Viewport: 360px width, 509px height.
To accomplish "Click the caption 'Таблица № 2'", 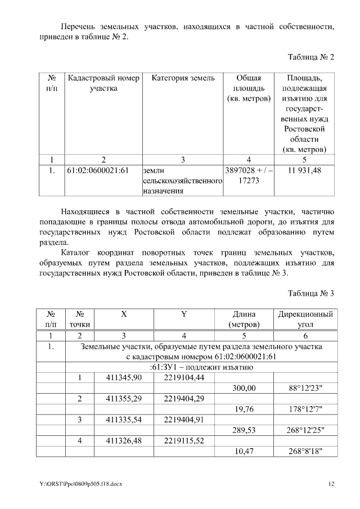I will pos(311,57).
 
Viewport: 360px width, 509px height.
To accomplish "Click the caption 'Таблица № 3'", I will pos(311,293).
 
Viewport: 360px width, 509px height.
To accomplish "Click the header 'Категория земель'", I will pos(183,78).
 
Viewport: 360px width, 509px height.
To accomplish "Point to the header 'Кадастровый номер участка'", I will pos(103,83).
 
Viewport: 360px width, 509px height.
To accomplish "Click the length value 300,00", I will pos(244,388).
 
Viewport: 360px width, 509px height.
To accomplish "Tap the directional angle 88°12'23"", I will pos(304,388).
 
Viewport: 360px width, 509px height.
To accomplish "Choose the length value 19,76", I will pos(244,409).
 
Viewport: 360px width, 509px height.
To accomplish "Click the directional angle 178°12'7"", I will pos(304,409).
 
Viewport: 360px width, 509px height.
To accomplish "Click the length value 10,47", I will pos(244,451).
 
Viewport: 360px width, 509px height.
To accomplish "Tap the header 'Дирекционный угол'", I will pos(304,319).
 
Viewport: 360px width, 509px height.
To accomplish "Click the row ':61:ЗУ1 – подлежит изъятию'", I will pos(201,367).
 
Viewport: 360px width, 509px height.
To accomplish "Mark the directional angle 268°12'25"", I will pos(304,430).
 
